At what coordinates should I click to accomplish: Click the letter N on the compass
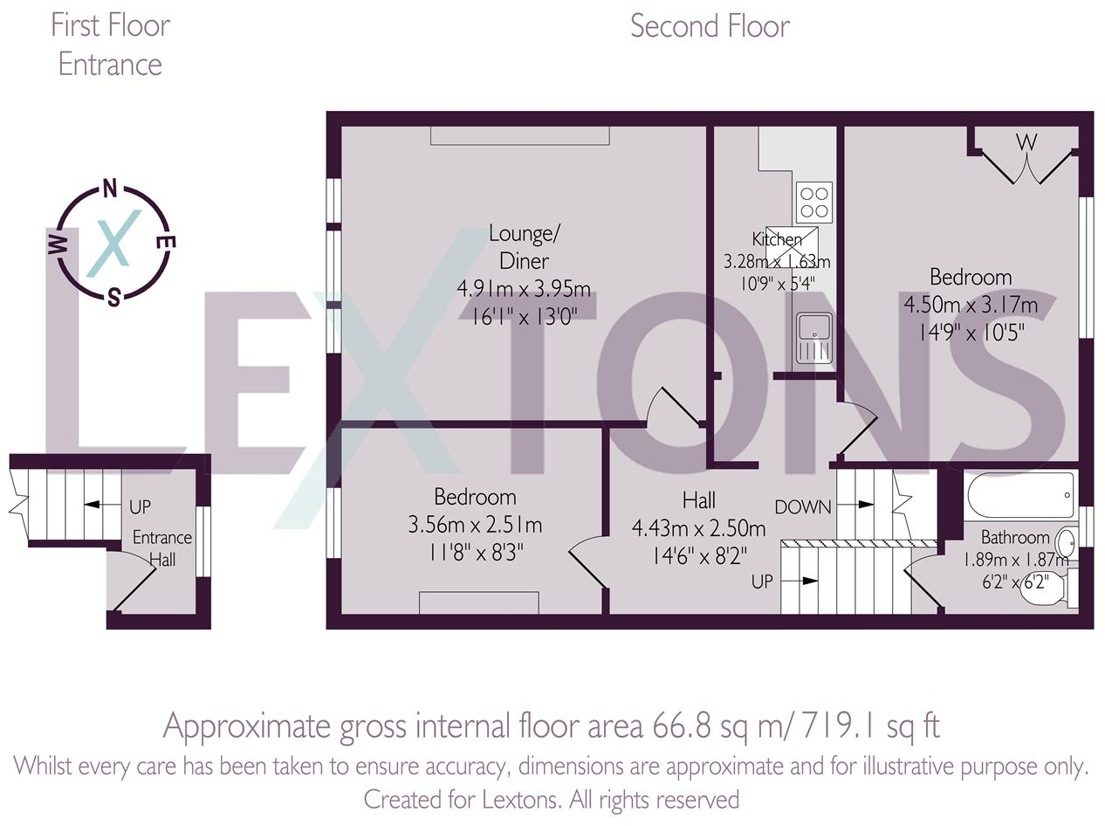tap(110, 188)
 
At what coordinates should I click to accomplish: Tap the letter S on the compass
tap(113, 299)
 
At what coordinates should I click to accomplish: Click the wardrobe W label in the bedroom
tap(1026, 141)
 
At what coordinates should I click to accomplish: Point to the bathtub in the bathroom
tap(1020, 495)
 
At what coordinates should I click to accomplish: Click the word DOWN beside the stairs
tap(802, 506)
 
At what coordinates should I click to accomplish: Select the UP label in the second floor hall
tap(763, 581)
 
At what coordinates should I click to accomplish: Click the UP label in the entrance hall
tap(141, 506)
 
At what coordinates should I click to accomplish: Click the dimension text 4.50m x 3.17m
tap(971, 305)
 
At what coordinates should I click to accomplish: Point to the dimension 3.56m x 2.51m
tap(475, 525)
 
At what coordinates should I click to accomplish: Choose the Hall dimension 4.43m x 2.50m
tap(698, 527)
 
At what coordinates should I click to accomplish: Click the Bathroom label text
tap(1014, 537)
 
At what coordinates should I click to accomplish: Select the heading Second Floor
tap(710, 26)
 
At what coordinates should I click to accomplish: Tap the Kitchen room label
tap(777, 239)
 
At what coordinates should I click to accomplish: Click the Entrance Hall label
tap(161, 548)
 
